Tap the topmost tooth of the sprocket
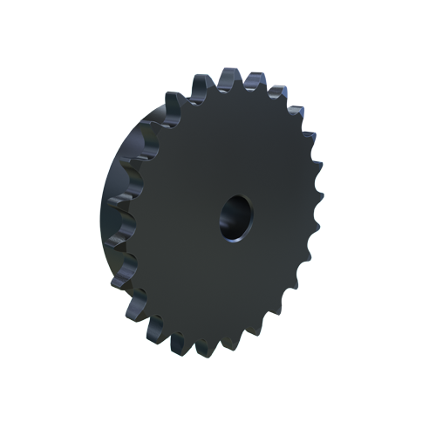[x=228, y=77]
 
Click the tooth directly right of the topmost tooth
[x=254, y=78]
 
